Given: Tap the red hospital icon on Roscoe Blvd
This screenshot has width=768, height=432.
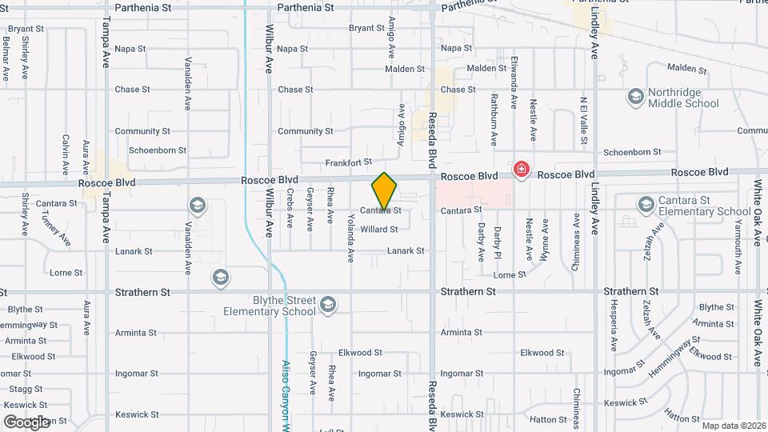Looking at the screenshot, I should (522, 169).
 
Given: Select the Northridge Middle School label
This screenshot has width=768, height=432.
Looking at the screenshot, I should (684, 98).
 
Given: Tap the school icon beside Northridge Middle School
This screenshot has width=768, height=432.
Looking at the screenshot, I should (635, 97).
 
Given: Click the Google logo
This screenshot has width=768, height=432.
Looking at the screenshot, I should (27, 422).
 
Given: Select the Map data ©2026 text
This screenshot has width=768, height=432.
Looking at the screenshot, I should (733, 426).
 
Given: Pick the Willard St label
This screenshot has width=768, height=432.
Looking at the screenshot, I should (379, 230).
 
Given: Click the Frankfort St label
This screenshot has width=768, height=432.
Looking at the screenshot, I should (349, 162).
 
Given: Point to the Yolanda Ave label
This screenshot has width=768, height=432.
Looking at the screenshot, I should (350, 238).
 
